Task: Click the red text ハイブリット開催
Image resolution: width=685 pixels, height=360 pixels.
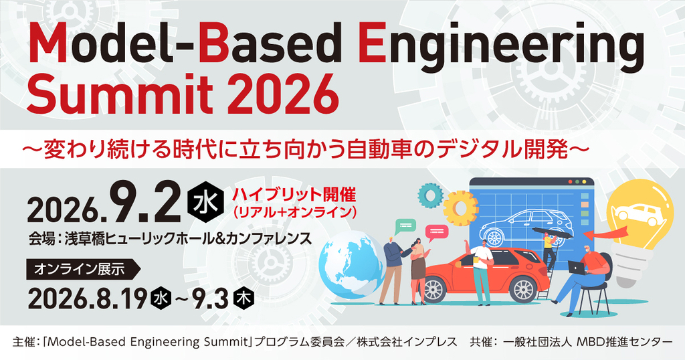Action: [294, 193]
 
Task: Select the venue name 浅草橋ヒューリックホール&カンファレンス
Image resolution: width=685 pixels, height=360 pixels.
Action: [188, 238]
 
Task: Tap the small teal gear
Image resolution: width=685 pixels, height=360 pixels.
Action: [431, 195]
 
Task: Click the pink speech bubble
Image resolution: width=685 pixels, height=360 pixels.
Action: [436, 233]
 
